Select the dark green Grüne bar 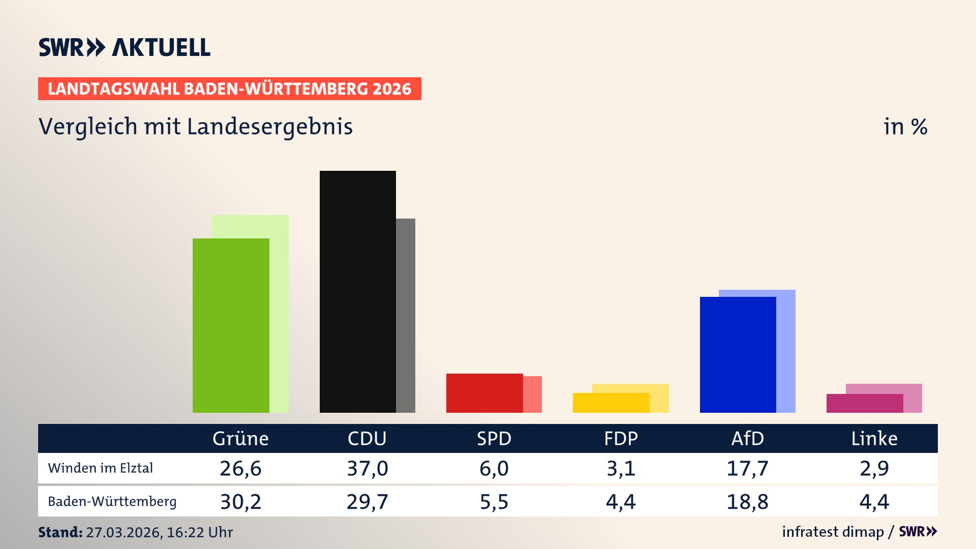(x=231, y=325)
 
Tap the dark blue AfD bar (x=738, y=354)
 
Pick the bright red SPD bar (x=484, y=393)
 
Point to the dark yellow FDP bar (x=611, y=403)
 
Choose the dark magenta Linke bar (x=864, y=403)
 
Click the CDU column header (x=367, y=438)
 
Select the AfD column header (x=747, y=438)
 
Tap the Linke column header (x=874, y=438)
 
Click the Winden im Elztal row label (x=100, y=468)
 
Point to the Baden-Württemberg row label (x=112, y=502)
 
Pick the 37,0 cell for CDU (x=367, y=468)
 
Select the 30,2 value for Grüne (x=240, y=502)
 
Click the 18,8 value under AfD (x=747, y=502)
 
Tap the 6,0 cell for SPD (x=494, y=468)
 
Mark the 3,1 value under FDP (x=621, y=468)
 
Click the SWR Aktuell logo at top (x=125, y=47)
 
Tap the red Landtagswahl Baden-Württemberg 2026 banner (x=229, y=89)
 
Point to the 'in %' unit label (x=905, y=127)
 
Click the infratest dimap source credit (x=833, y=532)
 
